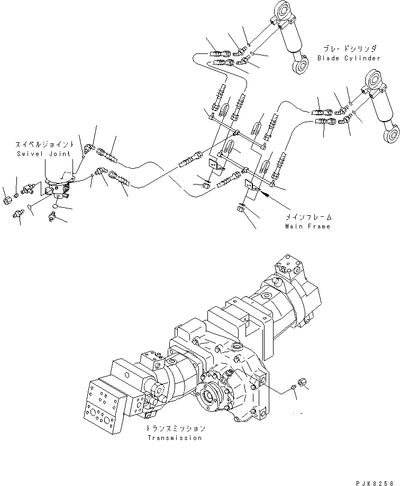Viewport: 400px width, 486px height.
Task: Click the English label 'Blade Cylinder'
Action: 349,58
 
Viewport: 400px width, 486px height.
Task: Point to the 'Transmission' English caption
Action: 175,438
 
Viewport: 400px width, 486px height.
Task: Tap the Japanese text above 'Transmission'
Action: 175,429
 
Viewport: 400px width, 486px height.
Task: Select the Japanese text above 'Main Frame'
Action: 307,217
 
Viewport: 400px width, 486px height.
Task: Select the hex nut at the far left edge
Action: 6,201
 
